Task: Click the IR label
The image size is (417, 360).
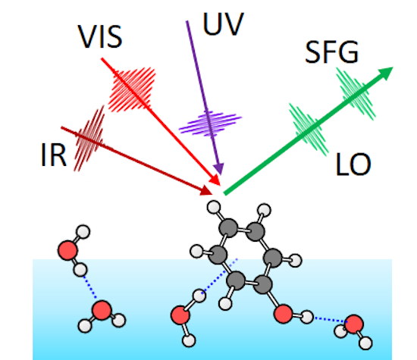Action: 55,155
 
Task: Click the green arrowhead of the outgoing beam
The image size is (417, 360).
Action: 387,73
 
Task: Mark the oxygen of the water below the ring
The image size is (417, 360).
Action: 180,314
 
